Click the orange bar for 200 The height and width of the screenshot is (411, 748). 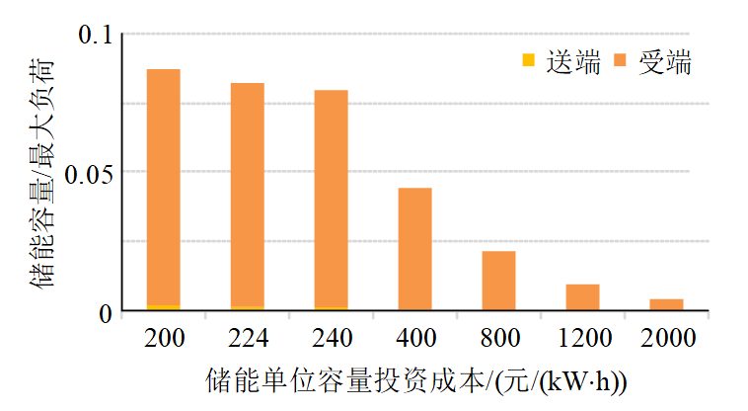click(x=164, y=188)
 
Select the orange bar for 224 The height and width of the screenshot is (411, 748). click(x=248, y=195)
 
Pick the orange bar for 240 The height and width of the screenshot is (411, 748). click(x=332, y=199)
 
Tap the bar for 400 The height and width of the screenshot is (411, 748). click(x=415, y=248)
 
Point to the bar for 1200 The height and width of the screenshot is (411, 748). click(x=582, y=297)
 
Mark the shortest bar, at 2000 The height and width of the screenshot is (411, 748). click(x=666, y=304)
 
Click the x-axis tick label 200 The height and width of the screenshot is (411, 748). click(x=164, y=339)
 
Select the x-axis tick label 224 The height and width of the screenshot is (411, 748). click(x=248, y=339)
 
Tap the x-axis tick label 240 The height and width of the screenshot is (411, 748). click(x=332, y=339)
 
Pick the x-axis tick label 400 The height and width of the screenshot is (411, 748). click(x=415, y=339)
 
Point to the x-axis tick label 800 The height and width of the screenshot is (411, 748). click(x=498, y=339)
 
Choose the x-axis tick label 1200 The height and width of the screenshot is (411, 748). click(x=582, y=339)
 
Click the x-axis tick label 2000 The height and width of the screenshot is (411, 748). click(x=666, y=339)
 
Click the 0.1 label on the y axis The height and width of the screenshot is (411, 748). click(x=96, y=36)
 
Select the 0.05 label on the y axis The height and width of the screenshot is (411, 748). click(x=88, y=173)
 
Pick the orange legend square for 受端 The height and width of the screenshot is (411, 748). click(x=621, y=63)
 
